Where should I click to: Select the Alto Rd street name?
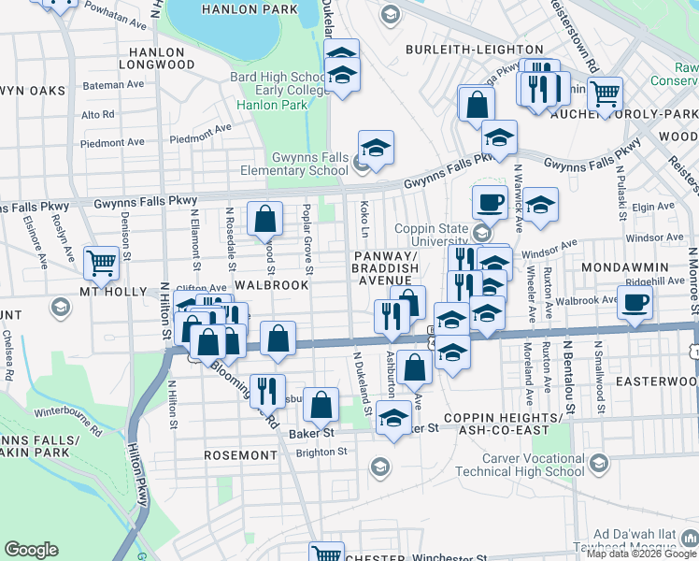point(97,114)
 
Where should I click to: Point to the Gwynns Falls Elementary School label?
point(297,165)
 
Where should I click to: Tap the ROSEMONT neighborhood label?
point(240,455)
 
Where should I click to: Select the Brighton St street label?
point(317,451)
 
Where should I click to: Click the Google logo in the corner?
point(31,550)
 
